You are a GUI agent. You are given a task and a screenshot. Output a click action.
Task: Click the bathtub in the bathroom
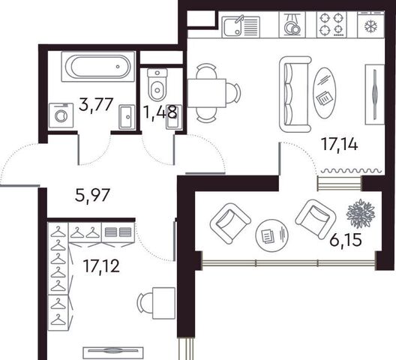coord(97,67)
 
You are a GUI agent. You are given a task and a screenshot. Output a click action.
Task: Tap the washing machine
coord(61,115)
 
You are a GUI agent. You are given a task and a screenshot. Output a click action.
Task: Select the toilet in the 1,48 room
coord(157,85)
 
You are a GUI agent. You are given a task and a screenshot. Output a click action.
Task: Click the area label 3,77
coord(95,104)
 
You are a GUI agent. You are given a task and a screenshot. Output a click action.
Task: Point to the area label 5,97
coord(92,195)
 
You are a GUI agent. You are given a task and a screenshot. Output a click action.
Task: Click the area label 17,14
coord(339,144)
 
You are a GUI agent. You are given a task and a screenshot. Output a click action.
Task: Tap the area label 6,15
coord(346,240)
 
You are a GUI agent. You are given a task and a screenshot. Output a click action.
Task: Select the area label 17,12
coord(101,266)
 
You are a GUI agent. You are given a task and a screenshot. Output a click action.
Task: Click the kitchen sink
coord(241,26)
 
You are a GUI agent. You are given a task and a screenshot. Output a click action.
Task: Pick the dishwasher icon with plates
coord(292,25)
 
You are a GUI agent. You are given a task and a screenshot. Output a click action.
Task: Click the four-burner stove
coord(331,25)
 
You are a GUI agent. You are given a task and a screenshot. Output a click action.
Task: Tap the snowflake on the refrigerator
coord(371,25)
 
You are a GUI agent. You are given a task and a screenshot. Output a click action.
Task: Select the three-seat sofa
coord(295,94)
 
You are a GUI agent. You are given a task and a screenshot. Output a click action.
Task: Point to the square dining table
coord(206,93)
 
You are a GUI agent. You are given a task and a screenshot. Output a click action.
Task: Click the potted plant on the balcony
coord(361,214)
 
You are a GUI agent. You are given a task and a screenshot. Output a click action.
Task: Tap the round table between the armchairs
coord(271,235)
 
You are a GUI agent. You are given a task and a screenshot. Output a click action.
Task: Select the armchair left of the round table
coord(230,223)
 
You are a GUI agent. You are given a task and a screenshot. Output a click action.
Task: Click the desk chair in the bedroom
coord(145,303)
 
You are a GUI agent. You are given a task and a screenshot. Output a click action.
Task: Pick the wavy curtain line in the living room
coord(351,171)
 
